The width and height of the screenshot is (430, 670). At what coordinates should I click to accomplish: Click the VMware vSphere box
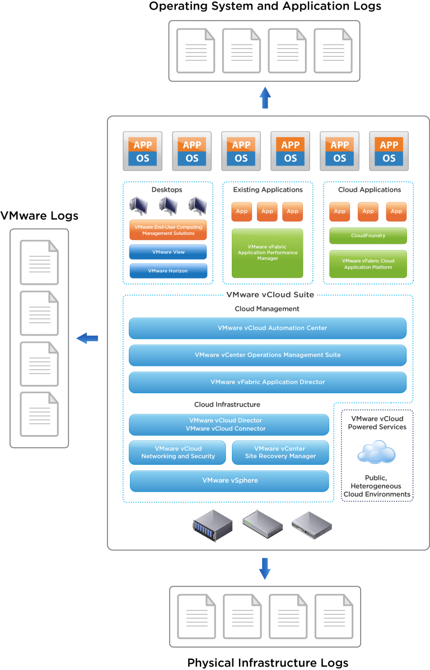pos(229,481)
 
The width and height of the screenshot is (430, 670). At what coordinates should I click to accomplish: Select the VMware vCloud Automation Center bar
pos(267,328)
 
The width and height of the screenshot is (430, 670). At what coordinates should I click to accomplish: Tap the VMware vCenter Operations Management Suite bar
pos(267,355)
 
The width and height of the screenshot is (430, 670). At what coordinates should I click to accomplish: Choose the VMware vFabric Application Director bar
pos(267,383)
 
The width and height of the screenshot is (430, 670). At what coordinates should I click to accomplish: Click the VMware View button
pos(168,252)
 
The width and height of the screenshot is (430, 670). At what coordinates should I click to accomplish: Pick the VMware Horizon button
pos(168,271)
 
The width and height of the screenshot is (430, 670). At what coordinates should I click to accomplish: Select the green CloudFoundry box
pos(368,236)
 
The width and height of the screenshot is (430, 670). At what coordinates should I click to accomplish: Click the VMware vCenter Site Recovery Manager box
pos(280,452)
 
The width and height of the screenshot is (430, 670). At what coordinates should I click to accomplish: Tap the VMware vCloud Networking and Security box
pos(177,452)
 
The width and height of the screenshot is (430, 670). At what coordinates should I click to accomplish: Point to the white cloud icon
pos(376,452)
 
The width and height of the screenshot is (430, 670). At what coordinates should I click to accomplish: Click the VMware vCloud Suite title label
pos(270,295)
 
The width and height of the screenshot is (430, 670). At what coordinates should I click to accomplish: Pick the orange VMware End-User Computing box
pos(168,230)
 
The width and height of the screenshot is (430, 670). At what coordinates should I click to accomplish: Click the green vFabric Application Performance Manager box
pos(267,253)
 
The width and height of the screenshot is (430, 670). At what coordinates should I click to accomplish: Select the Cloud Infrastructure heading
pos(227,404)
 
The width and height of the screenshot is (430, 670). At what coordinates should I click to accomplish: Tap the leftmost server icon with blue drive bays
pos(212,526)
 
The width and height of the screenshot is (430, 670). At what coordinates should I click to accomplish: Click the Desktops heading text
pos(167,190)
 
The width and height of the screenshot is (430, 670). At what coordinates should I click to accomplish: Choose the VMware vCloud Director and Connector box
pos(229,424)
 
